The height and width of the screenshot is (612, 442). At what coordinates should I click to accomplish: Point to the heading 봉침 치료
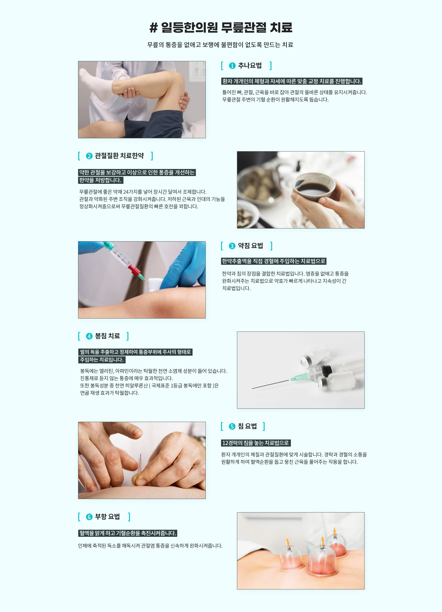[x=107, y=336]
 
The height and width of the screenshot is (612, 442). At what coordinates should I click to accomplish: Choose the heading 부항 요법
[x=107, y=516]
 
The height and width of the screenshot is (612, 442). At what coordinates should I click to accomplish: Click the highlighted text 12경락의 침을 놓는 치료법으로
[x=255, y=443]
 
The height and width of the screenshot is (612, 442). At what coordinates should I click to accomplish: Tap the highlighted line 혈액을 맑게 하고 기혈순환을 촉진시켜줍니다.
[x=128, y=533]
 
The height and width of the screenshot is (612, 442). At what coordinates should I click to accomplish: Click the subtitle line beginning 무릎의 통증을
[x=220, y=45]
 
